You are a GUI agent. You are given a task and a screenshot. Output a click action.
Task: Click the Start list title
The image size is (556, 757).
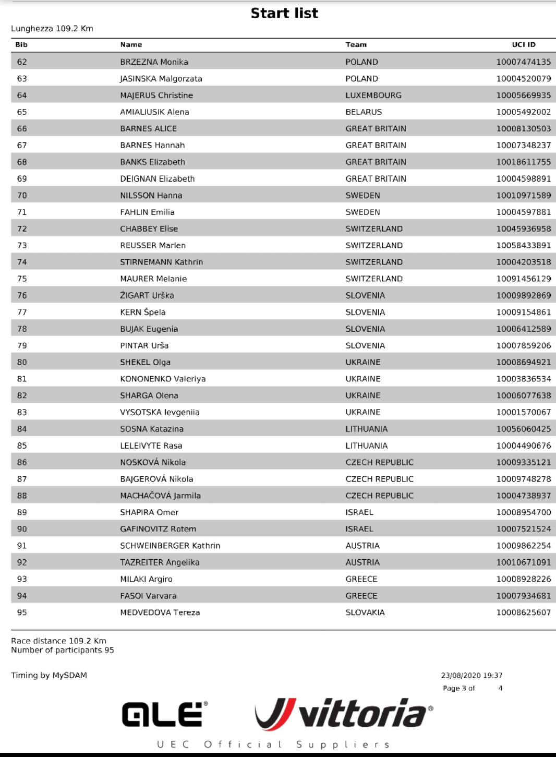[x=284, y=13]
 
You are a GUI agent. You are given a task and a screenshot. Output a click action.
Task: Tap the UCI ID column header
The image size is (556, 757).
[x=523, y=45]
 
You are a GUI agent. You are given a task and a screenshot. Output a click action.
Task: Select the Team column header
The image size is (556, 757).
[x=356, y=45]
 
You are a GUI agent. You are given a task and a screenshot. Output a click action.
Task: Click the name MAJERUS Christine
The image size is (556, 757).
[x=156, y=95]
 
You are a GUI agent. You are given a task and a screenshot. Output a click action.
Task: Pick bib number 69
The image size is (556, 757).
[x=22, y=179]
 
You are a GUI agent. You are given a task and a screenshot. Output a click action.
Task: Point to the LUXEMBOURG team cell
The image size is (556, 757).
[x=373, y=95]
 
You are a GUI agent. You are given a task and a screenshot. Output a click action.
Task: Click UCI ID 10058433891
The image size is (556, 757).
[x=523, y=245]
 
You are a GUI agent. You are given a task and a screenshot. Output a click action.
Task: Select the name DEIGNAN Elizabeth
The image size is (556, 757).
[x=158, y=179]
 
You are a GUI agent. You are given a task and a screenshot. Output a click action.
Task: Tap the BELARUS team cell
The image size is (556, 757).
[x=364, y=112]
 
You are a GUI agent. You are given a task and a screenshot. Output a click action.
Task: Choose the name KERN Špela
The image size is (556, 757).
[x=143, y=312]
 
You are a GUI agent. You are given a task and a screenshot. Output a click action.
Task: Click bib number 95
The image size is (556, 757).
[x=22, y=612]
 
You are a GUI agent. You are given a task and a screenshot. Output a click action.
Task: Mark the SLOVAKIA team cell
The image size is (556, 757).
[x=365, y=612]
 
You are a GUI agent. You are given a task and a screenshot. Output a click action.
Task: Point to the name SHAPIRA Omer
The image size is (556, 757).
[x=149, y=512]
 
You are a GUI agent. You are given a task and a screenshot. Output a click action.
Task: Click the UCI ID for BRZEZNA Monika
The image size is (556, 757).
[x=523, y=62]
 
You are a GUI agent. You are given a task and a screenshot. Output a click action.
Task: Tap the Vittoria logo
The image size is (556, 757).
[x=344, y=714]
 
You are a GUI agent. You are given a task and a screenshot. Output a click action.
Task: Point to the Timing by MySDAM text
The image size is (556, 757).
[x=49, y=675]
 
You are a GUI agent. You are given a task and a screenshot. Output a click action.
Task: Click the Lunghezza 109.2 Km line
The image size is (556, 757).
[x=52, y=29]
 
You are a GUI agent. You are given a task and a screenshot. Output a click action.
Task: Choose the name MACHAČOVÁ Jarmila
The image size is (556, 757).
[x=161, y=496]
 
